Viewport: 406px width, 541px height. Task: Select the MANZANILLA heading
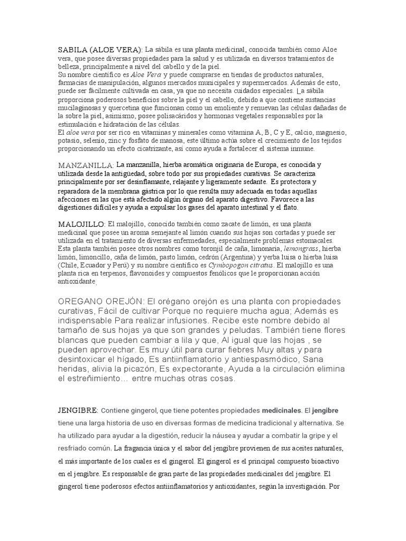click(86, 165)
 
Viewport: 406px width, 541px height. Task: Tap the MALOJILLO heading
click(82, 224)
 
